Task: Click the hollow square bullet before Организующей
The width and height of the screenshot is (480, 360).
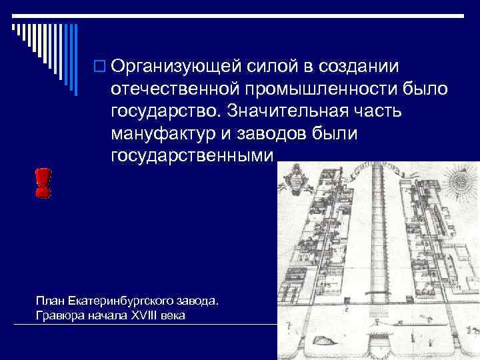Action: point(100,67)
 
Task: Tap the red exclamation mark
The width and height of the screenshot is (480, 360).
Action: point(43,182)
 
